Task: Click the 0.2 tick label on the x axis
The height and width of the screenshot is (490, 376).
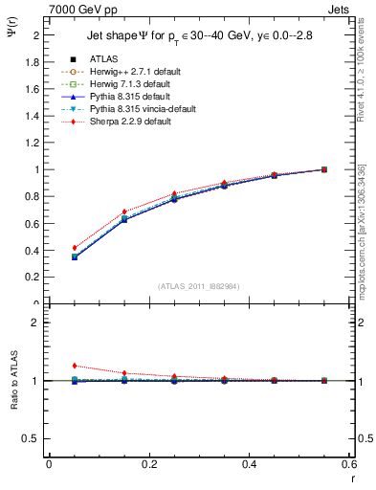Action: pos(148,464)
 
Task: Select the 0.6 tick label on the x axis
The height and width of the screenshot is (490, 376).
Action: pos(349,464)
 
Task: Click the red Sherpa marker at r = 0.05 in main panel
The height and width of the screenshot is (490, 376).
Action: pos(75,248)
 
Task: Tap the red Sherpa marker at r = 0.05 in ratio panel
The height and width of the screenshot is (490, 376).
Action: pos(75,366)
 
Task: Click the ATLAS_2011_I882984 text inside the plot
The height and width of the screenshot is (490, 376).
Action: pos(199,286)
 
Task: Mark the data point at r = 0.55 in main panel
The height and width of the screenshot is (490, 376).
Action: pos(324,169)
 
